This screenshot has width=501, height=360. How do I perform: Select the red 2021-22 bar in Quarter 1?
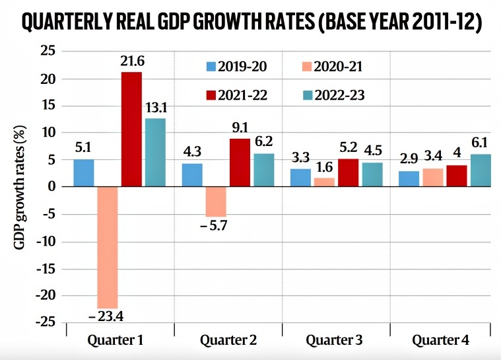pos(131,129)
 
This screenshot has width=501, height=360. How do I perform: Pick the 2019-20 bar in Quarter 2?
pos(191,175)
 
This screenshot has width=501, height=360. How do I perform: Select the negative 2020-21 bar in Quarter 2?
pos(215,201)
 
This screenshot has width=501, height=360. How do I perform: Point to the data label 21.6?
pos(132,61)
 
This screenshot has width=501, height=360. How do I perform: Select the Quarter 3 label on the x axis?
pos(334,341)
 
